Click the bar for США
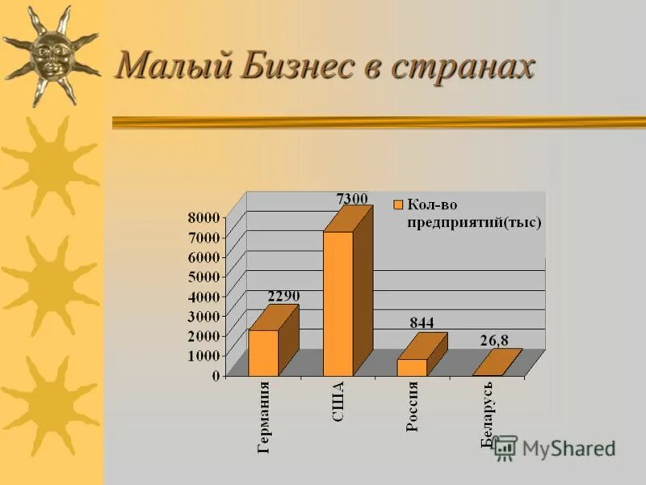pyautogui.click(x=338, y=303)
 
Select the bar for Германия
pyautogui.click(x=263, y=352)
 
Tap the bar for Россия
pyautogui.click(x=412, y=367)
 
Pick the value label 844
pyautogui.click(x=422, y=323)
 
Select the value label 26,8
pyautogui.click(x=494, y=340)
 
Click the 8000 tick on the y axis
pyautogui.click(x=204, y=217)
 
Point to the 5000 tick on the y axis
pyautogui.click(x=204, y=276)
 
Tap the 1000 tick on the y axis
pyautogui.click(x=204, y=356)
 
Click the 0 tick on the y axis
pyautogui.click(x=216, y=376)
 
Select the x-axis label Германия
pyautogui.click(x=264, y=417)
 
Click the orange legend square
pyautogui.click(x=397, y=205)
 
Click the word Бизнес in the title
pyautogui.click(x=295, y=65)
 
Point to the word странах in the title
pyautogui.click(x=464, y=65)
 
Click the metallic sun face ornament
pyautogui.click(x=50, y=55)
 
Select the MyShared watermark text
pyautogui.click(x=568, y=449)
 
